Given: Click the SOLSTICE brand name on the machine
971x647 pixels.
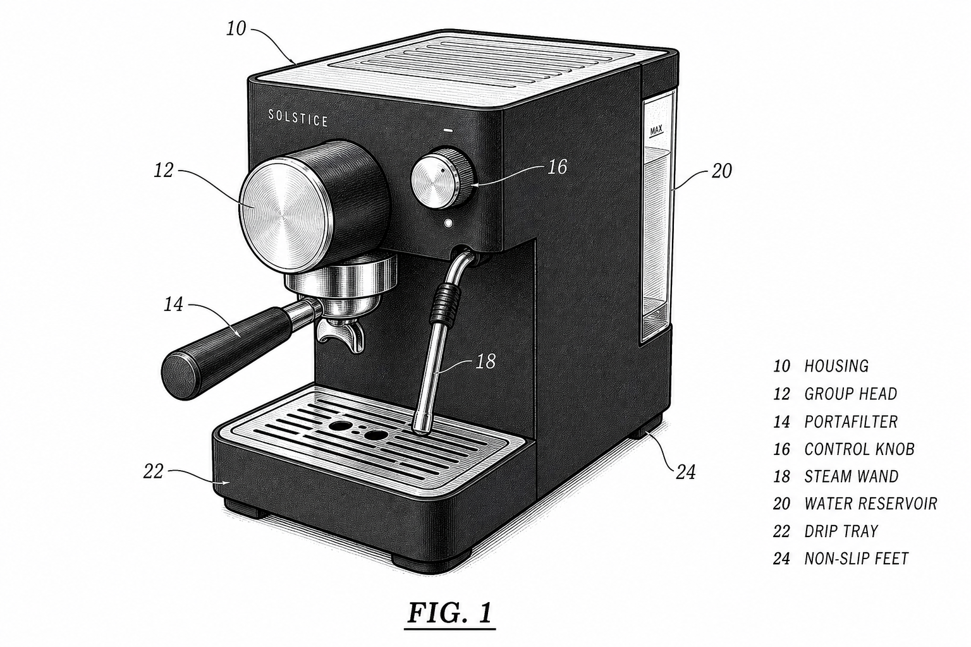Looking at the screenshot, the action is click(298, 118).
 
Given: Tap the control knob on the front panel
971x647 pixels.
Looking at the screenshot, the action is click(442, 179).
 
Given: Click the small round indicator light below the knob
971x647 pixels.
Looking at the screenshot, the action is click(448, 224).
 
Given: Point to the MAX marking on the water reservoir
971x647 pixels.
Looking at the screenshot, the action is click(656, 130).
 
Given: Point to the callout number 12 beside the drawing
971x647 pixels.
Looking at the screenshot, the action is click(164, 171).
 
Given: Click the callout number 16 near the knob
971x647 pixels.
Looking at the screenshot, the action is click(558, 167).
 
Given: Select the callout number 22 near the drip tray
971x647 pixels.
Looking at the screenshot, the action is click(154, 471).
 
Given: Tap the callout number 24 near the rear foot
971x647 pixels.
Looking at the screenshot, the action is click(686, 472).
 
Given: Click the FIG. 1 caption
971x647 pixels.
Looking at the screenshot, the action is click(450, 612).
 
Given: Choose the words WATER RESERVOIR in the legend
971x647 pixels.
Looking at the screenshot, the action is click(871, 504).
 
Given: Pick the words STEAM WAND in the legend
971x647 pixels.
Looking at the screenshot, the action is click(852, 476).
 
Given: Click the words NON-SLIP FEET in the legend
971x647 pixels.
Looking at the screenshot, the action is click(857, 559).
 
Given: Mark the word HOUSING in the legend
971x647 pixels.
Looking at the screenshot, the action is click(836, 366).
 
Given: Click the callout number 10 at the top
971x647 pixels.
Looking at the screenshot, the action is click(236, 28).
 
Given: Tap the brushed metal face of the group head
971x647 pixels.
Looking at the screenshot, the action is click(286, 215).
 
